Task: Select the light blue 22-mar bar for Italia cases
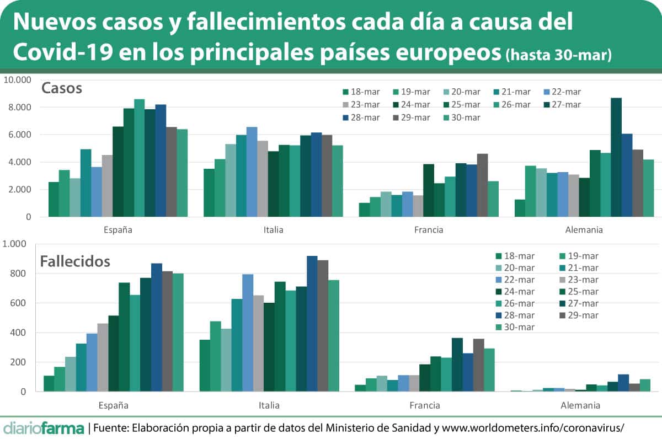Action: tap(252, 172)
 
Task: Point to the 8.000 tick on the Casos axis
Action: tap(19, 107)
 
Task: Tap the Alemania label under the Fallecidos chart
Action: tap(580, 405)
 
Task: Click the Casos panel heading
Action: tap(62, 88)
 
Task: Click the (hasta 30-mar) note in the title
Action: tap(558, 56)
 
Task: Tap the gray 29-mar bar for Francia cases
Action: tap(483, 185)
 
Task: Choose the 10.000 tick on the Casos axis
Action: tap(17, 79)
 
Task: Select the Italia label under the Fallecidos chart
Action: tap(269, 405)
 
